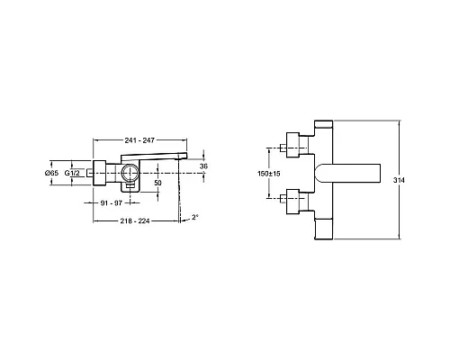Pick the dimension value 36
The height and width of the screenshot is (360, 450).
tap(203, 166)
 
